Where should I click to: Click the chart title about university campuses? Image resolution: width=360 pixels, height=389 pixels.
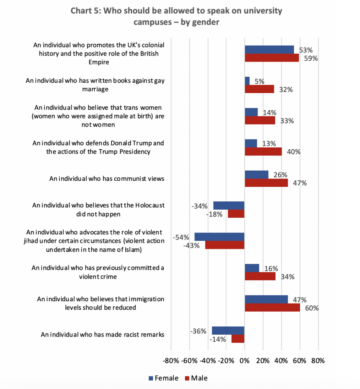click(x=176, y=16)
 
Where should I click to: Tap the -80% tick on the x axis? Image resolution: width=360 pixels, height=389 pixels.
click(x=171, y=361)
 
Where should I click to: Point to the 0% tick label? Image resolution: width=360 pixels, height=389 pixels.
click(x=244, y=361)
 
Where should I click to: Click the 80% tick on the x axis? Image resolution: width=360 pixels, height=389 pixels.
click(x=318, y=361)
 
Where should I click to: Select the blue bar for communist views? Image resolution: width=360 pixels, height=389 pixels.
click(x=256, y=174)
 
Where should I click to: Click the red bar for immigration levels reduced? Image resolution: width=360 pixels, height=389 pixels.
click(x=272, y=307)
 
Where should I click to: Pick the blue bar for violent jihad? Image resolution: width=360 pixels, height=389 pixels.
click(x=219, y=237)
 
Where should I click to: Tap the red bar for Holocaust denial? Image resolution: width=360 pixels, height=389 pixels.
click(x=236, y=213)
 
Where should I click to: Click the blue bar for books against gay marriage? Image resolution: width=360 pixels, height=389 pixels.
click(x=247, y=81)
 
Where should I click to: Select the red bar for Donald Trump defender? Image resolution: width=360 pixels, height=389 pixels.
click(x=263, y=151)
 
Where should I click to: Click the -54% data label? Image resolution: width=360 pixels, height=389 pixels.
click(x=181, y=237)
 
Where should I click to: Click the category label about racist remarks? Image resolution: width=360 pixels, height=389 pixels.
click(x=102, y=335)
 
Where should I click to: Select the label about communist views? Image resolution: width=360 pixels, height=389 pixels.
click(x=107, y=178)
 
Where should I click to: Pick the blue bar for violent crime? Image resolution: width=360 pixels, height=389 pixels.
click(x=252, y=268)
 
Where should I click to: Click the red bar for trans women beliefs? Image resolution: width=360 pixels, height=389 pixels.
click(x=260, y=120)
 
